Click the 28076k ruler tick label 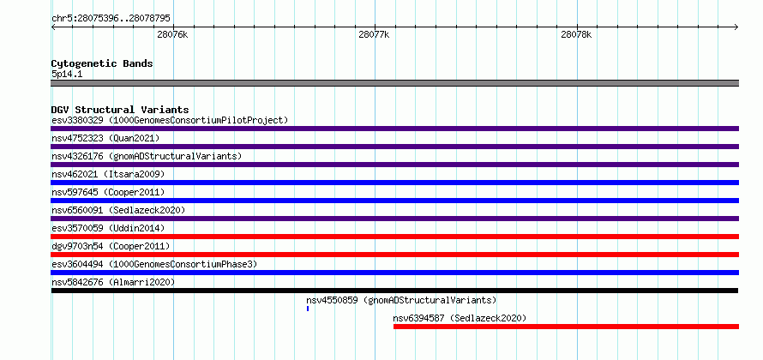tap(172, 34)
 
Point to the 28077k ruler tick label tap(374, 34)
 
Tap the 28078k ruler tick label tap(576, 34)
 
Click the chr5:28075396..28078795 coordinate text tap(111, 19)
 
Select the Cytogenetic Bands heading tap(102, 63)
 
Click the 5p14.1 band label tap(66, 75)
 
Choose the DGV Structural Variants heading tap(120, 110)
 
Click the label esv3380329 tap(78, 120)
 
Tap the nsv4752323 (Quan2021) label tap(105, 138)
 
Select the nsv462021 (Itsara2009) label tap(108, 174)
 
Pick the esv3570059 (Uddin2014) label tap(108, 228)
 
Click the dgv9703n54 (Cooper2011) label tap(111, 246)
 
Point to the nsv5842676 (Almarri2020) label tap(113, 282)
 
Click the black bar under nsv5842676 tap(394, 291)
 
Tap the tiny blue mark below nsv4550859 tap(308, 309)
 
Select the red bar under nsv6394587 tap(566, 327)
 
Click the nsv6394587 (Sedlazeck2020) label tap(460, 318)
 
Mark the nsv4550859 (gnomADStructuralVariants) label tap(401, 300)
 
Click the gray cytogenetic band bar tap(394, 83)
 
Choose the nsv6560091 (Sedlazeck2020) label tap(118, 210)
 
